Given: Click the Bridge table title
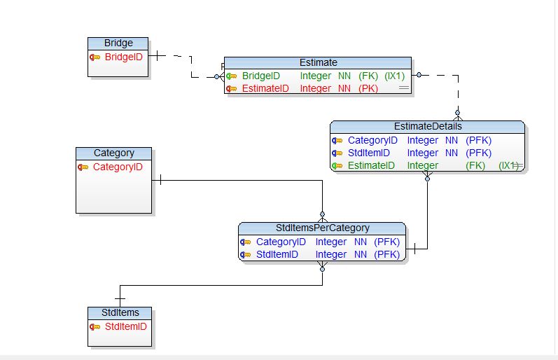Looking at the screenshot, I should (x=118, y=43).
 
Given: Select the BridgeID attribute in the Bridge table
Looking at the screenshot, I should (x=123, y=56).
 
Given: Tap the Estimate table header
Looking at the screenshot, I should (x=318, y=62).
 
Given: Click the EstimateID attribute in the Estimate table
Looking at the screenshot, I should (x=265, y=88).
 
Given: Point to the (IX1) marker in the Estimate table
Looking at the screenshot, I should (x=395, y=76).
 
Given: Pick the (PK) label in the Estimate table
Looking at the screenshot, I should (x=368, y=88).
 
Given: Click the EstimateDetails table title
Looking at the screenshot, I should (x=428, y=126).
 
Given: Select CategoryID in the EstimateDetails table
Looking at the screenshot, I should (x=372, y=140).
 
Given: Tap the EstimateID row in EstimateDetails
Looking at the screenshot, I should (x=371, y=165).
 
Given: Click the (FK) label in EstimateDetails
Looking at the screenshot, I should (x=475, y=165).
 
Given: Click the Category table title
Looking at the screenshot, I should (x=113, y=153).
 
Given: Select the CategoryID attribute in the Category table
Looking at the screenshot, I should (x=118, y=167).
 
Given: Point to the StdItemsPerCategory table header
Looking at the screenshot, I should (x=322, y=228).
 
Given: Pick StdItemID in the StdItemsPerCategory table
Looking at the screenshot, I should (x=277, y=254).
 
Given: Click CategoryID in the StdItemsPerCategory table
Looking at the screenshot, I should (x=281, y=242).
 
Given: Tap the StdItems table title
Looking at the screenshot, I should (x=120, y=312).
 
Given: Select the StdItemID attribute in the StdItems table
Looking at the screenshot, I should (x=125, y=326).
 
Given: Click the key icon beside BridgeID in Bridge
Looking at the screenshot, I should (x=95, y=57).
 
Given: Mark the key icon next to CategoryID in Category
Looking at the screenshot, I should (x=83, y=167).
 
